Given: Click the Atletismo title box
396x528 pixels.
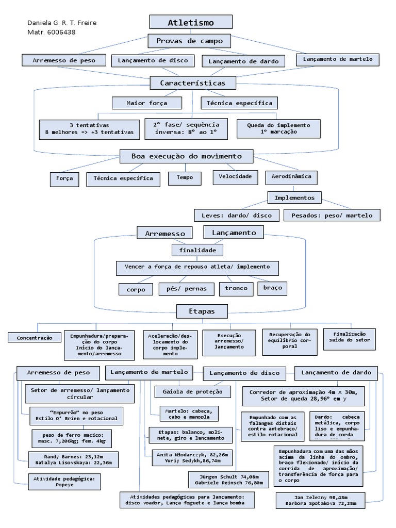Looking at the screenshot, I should pos(191,22).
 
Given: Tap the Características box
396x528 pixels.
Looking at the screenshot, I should pos(192,82).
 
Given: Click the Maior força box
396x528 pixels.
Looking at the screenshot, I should pos(147,103).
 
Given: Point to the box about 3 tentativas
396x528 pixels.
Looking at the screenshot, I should pos(89,128).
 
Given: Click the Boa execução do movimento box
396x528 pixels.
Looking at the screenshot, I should pos(186,156).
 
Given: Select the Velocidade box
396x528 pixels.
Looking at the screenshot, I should pos(235,176).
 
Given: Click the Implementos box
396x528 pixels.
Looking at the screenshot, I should pos(294,197).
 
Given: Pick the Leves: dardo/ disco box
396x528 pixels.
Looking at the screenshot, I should pos(237,214).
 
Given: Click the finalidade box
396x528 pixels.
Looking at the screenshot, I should pos(197,250).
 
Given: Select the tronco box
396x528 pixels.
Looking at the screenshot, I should pos(236,288).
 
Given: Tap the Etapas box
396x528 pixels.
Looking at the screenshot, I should pos(195,311).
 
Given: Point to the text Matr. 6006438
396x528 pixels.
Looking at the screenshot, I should pos(51,32).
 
